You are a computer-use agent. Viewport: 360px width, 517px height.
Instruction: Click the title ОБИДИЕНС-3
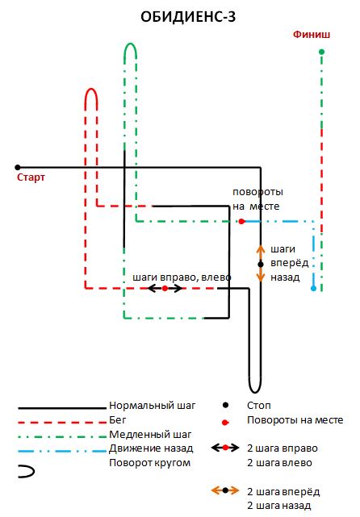188,17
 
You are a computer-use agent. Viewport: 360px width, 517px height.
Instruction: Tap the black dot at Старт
18,168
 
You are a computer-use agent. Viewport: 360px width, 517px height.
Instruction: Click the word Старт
31,177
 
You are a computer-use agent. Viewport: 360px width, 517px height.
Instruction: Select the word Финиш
312,35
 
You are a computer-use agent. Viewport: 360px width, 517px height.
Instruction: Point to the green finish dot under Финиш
322,52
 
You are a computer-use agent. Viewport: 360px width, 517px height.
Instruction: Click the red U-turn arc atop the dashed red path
91,94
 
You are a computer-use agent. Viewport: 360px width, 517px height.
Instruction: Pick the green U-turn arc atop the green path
130,48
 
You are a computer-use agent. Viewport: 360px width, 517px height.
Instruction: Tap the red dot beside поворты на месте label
241,221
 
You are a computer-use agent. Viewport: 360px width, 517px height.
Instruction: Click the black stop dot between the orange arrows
261,264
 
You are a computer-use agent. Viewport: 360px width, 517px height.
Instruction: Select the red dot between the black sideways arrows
165,289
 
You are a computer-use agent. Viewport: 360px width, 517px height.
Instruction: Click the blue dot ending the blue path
313,289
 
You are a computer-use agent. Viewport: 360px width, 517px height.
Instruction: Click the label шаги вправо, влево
182,277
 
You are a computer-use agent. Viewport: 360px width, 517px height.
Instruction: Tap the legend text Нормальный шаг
153,405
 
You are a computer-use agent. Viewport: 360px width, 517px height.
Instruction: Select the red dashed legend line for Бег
62,422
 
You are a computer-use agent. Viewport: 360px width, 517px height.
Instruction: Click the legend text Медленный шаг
150,435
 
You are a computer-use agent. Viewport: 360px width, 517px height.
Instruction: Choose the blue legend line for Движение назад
62,451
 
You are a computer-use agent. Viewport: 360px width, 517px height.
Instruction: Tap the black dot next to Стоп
225,405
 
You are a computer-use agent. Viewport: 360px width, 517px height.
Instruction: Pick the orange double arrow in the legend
225,490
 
